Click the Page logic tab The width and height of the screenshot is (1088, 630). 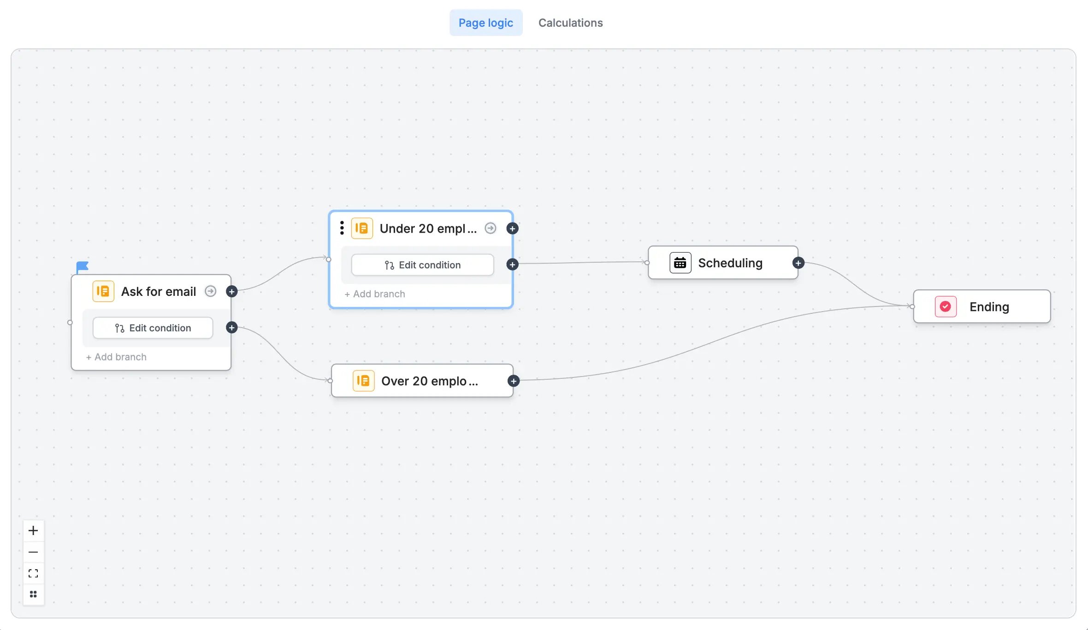[485, 23]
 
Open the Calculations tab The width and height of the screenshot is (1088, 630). [570, 23]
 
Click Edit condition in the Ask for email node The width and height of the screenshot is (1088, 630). [153, 328]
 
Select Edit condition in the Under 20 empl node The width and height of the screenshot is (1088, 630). [422, 265]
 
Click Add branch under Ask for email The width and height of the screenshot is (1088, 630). [116, 357]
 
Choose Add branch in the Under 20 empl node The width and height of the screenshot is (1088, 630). [375, 294]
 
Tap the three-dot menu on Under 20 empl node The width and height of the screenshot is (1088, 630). [342, 228]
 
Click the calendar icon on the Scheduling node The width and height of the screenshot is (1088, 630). [680, 263]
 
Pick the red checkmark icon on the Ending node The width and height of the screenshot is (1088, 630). [946, 306]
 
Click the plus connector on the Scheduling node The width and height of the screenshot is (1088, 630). [798, 263]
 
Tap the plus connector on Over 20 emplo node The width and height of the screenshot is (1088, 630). [514, 381]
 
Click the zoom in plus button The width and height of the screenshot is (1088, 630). [33, 530]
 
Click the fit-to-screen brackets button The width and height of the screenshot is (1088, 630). [33, 573]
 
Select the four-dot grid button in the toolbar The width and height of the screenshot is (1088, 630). [33, 594]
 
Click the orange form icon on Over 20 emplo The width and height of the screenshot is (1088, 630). [363, 381]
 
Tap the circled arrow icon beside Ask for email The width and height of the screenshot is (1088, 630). [210, 291]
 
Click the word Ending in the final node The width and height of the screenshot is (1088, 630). [989, 306]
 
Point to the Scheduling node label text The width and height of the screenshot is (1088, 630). [730, 263]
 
